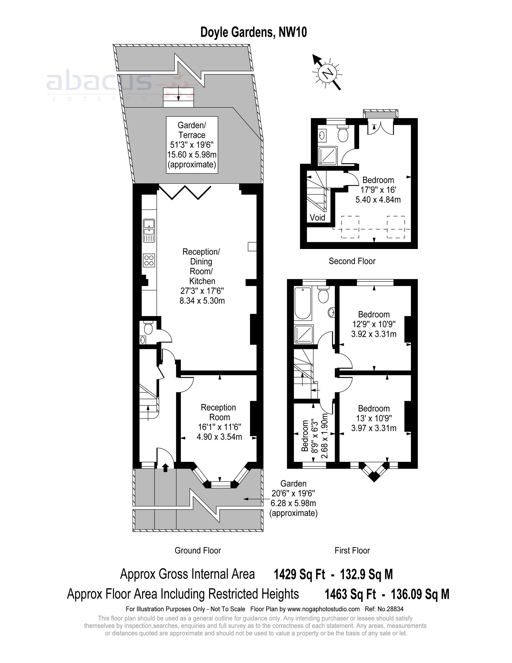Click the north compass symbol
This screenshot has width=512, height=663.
click(x=327, y=73)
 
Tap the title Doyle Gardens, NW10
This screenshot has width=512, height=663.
click(x=254, y=32)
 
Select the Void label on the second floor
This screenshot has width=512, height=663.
click(x=317, y=217)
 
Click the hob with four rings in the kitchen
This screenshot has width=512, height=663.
click(x=149, y=260)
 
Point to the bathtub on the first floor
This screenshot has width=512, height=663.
click(x=303, y=303)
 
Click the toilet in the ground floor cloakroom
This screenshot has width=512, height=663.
click(x=148, y=328)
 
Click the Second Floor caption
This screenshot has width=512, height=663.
click(x=352, y=261)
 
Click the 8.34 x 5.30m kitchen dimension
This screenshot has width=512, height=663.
click(x=202, y=301)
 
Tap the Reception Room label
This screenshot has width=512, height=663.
click(x=218, y=412)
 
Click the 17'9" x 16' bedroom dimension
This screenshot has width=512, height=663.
click(x=378, y=190)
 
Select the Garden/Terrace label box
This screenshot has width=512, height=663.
click(x=192, y=145)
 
